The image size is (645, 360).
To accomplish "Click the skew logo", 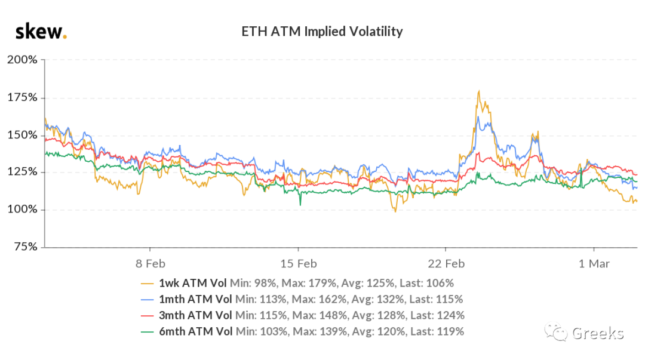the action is (x=41, y=32).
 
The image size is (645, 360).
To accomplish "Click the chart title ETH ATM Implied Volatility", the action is (x=322, y=32).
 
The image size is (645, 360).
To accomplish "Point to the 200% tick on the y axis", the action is (x=22, y=60).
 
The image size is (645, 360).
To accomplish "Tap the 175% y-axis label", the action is (x=22, y=97).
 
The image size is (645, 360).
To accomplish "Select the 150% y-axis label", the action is (x=22, y=135).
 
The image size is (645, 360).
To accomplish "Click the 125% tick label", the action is (x=22, y=171).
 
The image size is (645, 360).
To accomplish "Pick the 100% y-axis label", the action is (x=22, y=209).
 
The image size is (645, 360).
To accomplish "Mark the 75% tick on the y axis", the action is (x=26, y=247).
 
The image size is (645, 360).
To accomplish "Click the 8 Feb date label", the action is (x=150, y=264).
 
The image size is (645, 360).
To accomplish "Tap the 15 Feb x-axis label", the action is (x=299, y=264).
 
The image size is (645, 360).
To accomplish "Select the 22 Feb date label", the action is (x=446, y=264).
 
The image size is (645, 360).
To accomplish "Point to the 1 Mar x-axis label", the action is (x=594, y=264).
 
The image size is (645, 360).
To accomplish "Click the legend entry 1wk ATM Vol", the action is (x=192, y=283).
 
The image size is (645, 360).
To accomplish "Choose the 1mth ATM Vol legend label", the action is (x=195, y=299).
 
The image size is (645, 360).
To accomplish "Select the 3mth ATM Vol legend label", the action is (x=195, y=315).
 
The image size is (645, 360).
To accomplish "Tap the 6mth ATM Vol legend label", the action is (x=195, y=331).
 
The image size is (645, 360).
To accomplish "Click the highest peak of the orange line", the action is (x=479, y=91).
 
